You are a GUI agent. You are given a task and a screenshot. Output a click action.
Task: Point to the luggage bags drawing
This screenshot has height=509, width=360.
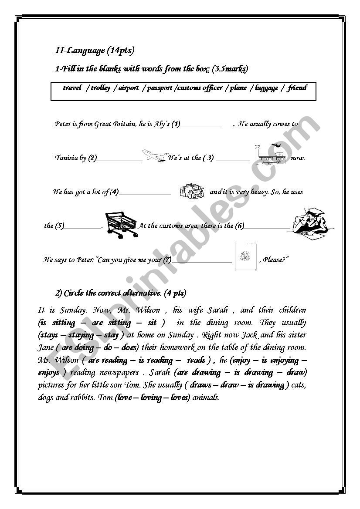point(191,191)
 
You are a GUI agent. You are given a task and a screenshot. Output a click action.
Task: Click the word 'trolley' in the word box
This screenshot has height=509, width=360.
point(101,88)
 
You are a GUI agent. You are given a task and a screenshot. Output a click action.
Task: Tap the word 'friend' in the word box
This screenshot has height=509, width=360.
point(297,88)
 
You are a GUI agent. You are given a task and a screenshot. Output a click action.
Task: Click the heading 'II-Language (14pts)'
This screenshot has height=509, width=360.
point(95,51)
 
